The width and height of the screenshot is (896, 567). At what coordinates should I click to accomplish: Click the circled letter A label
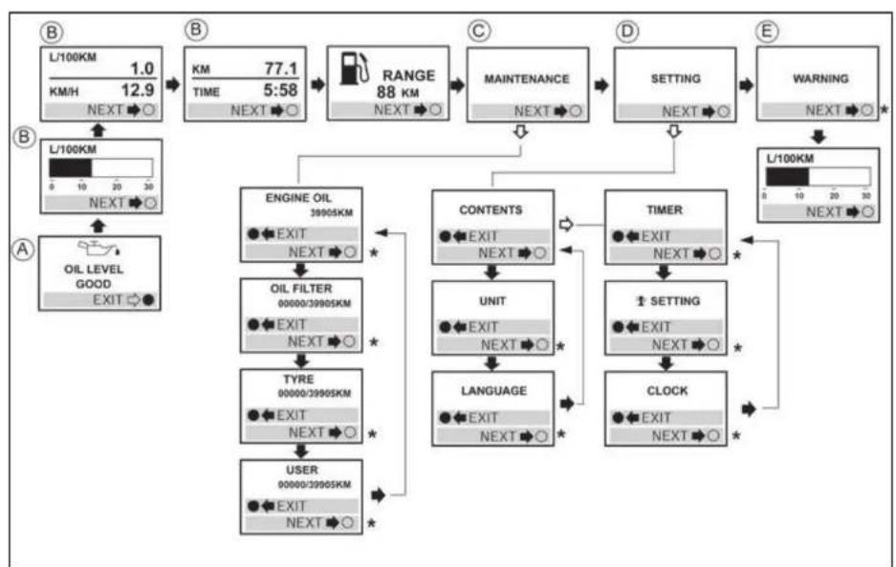click(x=23, y=250)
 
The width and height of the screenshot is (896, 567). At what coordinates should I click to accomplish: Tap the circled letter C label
click(x=479, y=31)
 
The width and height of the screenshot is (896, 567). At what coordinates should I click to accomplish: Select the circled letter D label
click(x=627, y=31)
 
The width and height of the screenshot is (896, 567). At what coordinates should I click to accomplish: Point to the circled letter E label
click(x=767, y=31)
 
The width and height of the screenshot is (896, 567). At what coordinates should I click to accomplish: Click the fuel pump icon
click(x=354, y=69)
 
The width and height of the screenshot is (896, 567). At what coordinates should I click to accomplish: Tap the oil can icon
click(x=98, y=248)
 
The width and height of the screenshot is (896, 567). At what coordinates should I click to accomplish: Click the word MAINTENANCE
click(x=527, y=78)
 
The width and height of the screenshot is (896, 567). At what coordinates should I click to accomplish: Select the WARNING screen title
click(x=820, y=78)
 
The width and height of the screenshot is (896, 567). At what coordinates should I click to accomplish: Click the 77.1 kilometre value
click(x=280, y=69)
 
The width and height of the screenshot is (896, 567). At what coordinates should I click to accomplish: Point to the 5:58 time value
click(x=280, y=90)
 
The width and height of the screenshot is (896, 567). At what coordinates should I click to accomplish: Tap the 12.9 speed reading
click(x=138, y=90)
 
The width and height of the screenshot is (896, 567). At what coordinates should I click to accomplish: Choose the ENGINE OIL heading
click(x=298, y=198)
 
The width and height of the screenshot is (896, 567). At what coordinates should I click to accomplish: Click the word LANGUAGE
click(x=494, y=391)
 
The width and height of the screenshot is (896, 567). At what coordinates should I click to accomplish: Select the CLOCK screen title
click(x=667, y=391)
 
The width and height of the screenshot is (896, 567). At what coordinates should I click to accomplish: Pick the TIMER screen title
click(x=665, y=209)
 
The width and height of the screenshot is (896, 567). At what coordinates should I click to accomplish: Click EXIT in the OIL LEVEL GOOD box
click(x=108, y=300)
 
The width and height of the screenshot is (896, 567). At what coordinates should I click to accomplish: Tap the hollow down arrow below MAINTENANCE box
click(x=520, y=132)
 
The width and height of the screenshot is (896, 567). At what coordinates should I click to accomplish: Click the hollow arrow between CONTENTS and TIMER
click(x=566, y=224)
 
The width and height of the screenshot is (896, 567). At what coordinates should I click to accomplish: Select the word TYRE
click(x=298, y=379)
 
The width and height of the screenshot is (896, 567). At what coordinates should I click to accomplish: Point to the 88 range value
click(x=385, y=92)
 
